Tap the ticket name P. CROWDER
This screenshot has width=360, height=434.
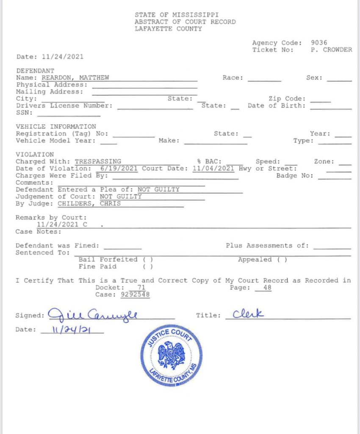point(331,50)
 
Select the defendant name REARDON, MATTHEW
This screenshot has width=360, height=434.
point(75,78)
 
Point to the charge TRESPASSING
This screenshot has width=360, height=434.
point(98,161)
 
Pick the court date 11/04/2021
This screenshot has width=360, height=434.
point(213,168)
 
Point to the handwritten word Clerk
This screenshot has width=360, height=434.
point(249,314)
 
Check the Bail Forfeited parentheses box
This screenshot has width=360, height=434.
point(148,259)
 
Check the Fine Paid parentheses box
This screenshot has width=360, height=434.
point(148,267)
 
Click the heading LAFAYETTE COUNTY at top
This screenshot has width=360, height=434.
point(168,29)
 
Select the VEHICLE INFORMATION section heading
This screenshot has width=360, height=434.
point(56,126)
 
